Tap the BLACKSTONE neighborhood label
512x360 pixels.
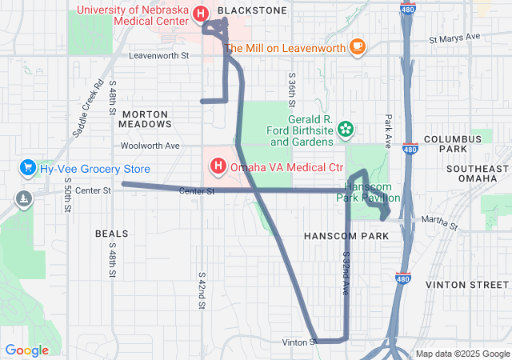[x=252, y=10]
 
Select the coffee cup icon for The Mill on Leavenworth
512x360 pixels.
[x=357, y=48]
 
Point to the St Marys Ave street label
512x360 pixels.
[x=454, y=38]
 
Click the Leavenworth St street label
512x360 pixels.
[x=158, y=56]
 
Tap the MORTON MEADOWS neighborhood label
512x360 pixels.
[x=145, y=119]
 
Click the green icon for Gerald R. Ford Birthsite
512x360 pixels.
[x=346, y=128]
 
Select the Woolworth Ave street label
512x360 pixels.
[x=150, y=146]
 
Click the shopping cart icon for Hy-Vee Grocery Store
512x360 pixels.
[x=28, y=168]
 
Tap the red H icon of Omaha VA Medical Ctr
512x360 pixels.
[x=217, y=167]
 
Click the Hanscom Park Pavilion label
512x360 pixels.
[x=368, y=191]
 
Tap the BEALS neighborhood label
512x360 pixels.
[x=111, y=234]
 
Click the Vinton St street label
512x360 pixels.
[x=300, y=342]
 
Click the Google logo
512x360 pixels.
[x=26, y=350]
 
